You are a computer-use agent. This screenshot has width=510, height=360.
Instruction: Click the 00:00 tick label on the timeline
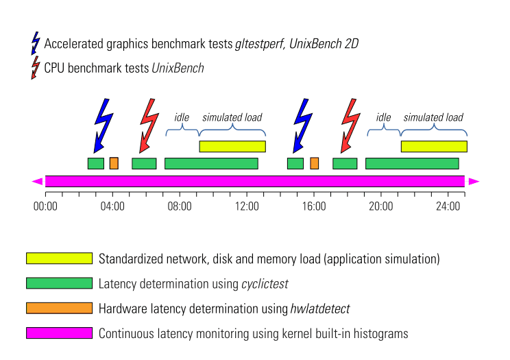point(45,206)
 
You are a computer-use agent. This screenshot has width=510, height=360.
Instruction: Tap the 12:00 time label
point(247,206)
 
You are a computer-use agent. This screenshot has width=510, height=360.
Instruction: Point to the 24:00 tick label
point(448,206)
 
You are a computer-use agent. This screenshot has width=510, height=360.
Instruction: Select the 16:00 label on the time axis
point(314,206)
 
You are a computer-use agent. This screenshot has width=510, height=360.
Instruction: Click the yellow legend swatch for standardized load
point(59,258)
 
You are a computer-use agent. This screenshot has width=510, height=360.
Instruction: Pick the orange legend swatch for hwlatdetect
point(59,308)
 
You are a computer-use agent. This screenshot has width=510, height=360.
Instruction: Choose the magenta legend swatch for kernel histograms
point(59,333)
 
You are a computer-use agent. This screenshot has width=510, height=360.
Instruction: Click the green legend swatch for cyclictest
point(59,283)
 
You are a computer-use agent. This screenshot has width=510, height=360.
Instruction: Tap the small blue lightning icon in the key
point(36,43)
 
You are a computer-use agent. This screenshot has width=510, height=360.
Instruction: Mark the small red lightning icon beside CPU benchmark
point(36,68)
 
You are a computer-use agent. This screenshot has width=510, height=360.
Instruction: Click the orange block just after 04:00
point(114,163)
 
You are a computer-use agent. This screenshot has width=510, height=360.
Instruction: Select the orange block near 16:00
point(314,163)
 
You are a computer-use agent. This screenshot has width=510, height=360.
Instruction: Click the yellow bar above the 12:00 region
point(232,147)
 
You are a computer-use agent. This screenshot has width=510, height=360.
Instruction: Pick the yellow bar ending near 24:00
point(434,147)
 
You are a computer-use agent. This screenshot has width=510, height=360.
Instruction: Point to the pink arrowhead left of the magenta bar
point(38,181)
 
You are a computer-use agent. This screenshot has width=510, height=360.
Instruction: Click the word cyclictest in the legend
point(265,284)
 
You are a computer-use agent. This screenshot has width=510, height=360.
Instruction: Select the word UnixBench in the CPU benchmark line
point(178,68)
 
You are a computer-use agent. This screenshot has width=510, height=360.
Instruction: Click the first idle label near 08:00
point(182,117)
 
